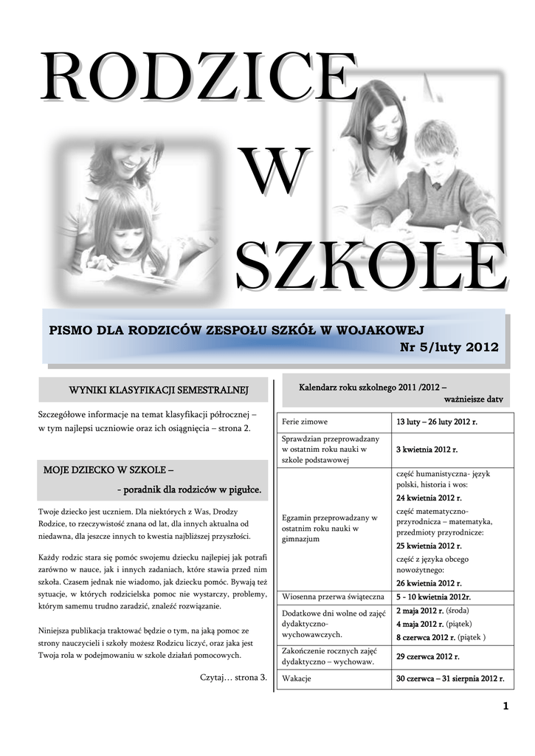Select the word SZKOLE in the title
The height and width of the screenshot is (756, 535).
371,267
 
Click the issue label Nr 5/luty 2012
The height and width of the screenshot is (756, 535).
449,347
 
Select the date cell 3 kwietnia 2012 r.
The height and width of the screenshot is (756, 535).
427,449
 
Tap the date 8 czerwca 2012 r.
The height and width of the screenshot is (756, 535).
426,636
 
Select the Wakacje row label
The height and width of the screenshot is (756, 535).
297,678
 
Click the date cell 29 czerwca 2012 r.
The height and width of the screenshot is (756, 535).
427,656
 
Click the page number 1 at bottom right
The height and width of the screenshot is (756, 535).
505,707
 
